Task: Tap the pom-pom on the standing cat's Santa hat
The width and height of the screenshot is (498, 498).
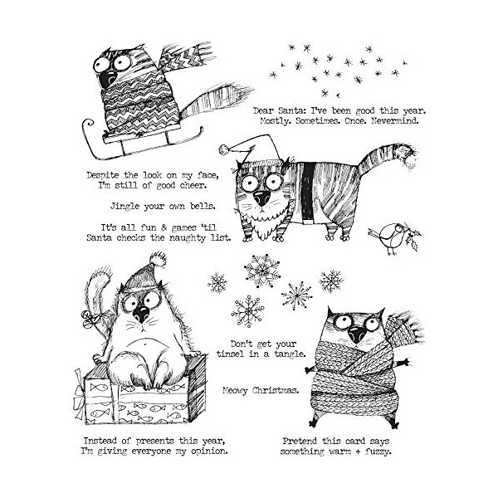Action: point(225,149)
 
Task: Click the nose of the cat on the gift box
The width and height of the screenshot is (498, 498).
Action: point(141,315)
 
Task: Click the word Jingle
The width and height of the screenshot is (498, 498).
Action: point(124,207)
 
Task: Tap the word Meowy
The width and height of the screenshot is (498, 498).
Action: point(235,390)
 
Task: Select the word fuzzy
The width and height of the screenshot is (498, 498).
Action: point(378,452)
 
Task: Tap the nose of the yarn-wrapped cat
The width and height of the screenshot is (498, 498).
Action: point(357,334)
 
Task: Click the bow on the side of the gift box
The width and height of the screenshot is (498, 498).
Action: point(80,393)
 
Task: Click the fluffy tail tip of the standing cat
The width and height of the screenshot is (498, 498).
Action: point(410,158)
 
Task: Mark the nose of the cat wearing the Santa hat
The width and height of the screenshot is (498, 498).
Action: point(262,198)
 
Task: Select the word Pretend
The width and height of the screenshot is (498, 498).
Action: point(300,442)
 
